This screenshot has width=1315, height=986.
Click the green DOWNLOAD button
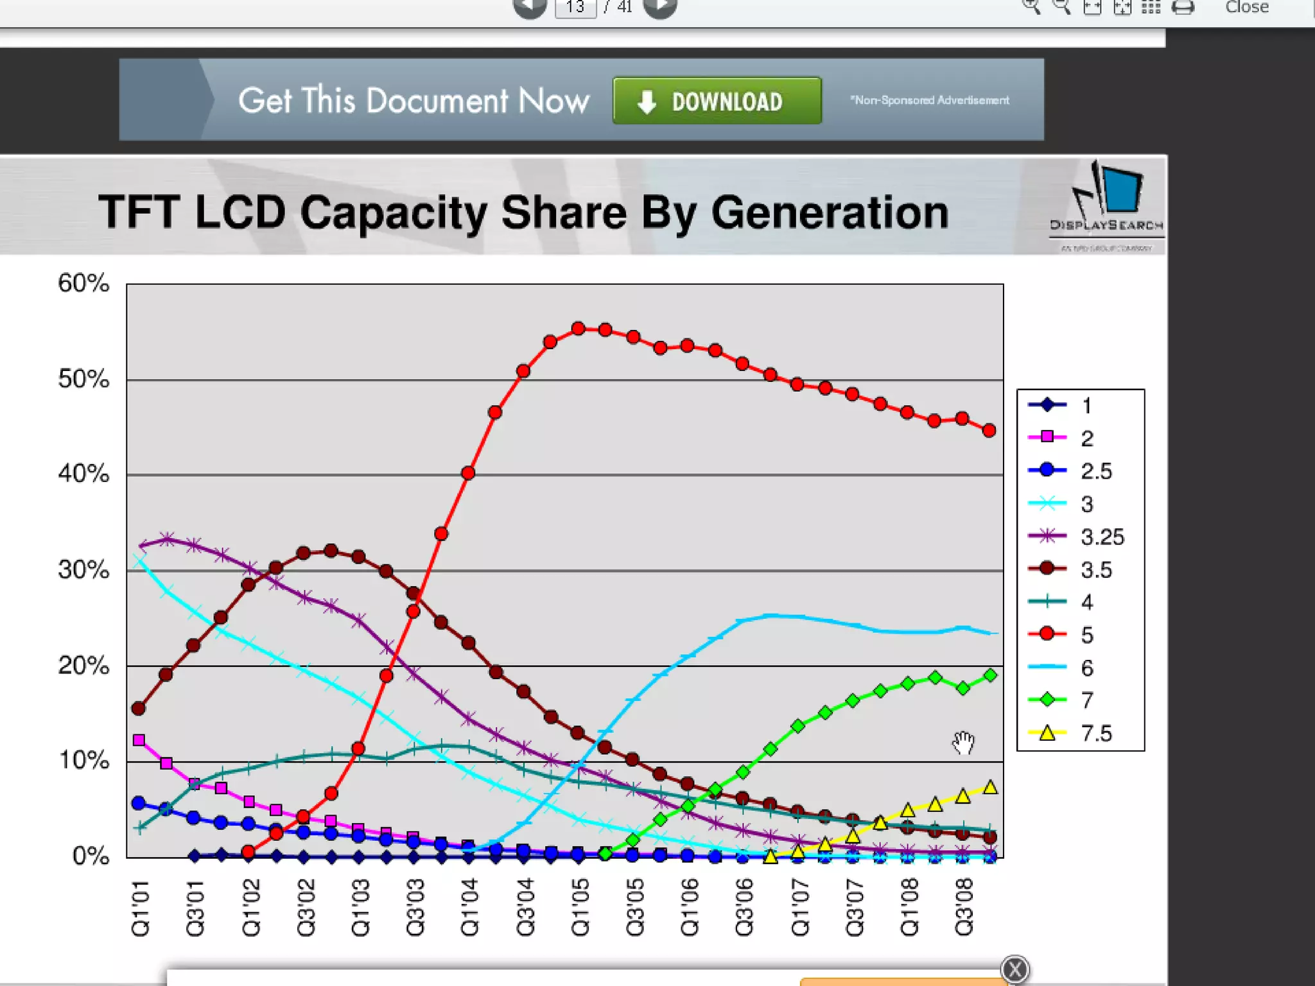(x=717, y=101)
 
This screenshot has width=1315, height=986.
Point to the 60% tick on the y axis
(x=83, y=283)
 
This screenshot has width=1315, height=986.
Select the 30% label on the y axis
(x=83, y=569)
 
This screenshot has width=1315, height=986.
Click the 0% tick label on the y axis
(x=91, y=856)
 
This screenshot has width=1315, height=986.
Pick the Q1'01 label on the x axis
(x=141, y=908)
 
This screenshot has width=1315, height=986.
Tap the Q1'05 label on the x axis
(x=580, y=908)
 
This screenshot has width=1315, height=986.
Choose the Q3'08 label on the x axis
(x=964, y=908)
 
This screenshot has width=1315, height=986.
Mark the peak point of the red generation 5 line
(x=578, y=329)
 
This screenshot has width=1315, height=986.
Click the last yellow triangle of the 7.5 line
(x=990, y=788)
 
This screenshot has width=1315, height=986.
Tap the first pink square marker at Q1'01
(x=139, y=740)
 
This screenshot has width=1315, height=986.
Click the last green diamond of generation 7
(x=990, y=675)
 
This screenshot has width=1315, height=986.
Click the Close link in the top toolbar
(x=1246, y=7)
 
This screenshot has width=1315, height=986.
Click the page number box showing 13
(x=575, y=7)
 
